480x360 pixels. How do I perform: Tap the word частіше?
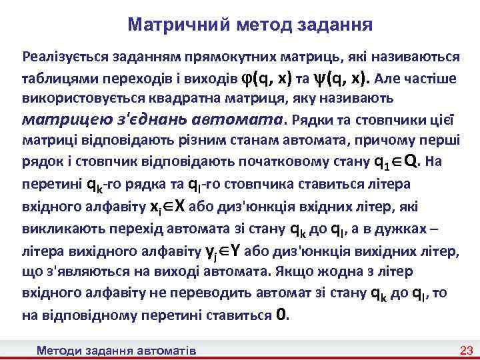tap(432, 78)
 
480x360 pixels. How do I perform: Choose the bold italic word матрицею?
tap(63, 121)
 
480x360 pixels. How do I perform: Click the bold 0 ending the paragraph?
tap(282, 314)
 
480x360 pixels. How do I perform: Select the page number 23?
tap(466, 350)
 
